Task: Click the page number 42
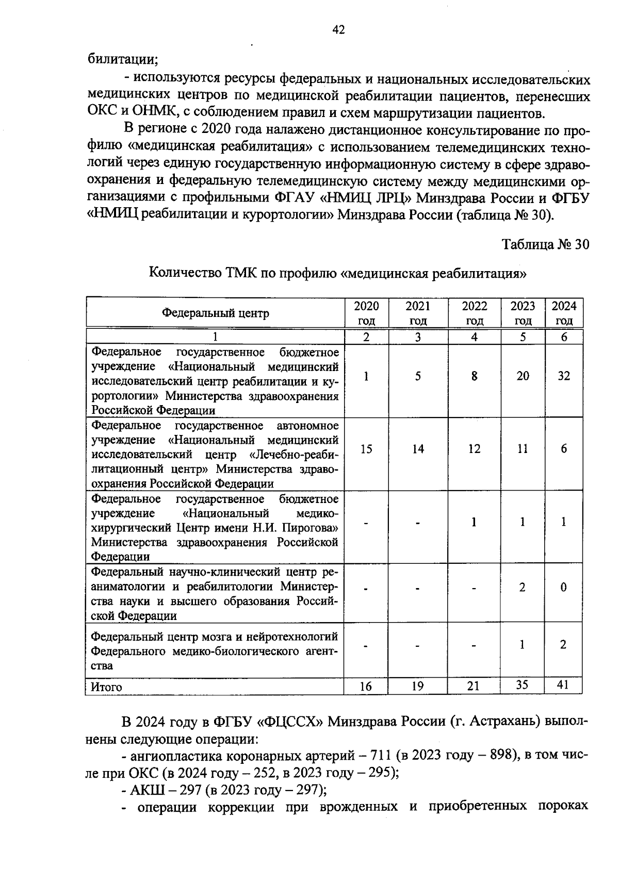pos(338,30)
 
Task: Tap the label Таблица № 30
pos(545,244)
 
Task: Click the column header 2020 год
pos(366,313)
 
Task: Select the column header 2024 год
pos(564,313)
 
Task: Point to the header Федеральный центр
pos(216,313)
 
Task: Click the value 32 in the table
pos(564,376)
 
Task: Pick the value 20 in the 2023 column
pos(523,376)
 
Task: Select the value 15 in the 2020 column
pos(366,449)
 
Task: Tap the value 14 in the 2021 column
pos(418,449)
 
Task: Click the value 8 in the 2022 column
pos(474,376)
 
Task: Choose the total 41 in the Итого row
pos(564,685)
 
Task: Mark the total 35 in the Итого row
pos(523,685)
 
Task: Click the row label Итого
pos(106,687)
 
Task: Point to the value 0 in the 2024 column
pos(564,588)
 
